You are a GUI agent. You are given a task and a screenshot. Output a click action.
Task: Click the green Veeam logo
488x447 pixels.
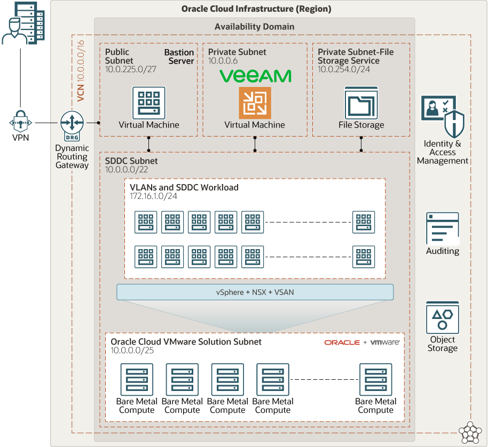pos(256,76)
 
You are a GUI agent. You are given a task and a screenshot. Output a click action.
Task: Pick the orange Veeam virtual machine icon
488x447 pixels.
pos(255,103)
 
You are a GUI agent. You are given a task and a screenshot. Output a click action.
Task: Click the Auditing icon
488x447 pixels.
pos(443,228)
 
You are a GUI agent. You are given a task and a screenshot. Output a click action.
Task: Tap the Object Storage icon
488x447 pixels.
pos(443,317)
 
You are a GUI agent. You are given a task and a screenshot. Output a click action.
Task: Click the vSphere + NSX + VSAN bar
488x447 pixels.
pos(255,292)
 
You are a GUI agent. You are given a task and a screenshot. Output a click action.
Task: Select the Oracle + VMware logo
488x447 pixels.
pos(362,342)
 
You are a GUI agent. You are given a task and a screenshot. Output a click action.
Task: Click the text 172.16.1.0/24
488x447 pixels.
pos(154,196)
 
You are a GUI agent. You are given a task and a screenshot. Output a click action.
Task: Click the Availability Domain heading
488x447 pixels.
pos(254,26)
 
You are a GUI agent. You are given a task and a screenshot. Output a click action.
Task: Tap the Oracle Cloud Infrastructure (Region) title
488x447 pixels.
pos(256,9)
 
